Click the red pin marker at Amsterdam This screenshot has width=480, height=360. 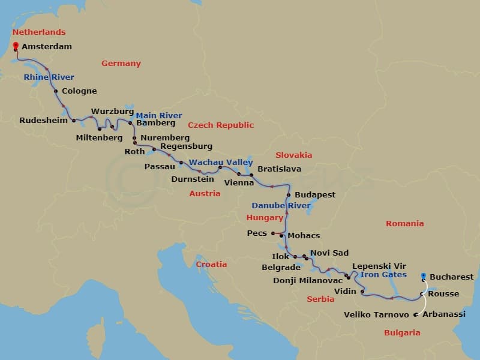coord(15,44)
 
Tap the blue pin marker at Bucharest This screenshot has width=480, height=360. coord(424,276)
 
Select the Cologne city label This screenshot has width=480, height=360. coord(79,92)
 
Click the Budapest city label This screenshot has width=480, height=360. coord(314,195)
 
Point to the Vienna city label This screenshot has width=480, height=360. coord(239,182)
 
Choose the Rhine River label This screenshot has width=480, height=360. coord(49,77)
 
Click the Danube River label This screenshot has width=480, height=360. coord(281,206)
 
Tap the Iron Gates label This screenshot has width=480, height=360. coord(384,275)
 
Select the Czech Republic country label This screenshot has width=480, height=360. coord(221,125)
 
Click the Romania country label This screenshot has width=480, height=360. coord(405,224)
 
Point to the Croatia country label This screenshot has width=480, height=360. coord(211,265)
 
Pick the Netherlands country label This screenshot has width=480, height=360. coord(39,32)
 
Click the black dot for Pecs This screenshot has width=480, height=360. coord(272,233)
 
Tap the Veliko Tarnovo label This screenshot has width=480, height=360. coord(376,315)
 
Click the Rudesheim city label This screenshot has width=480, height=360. coord(43,120)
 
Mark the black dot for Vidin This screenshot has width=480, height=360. coord(363,292)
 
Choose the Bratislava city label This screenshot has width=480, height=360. coord(279,169)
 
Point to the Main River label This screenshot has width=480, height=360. coord(159,116)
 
